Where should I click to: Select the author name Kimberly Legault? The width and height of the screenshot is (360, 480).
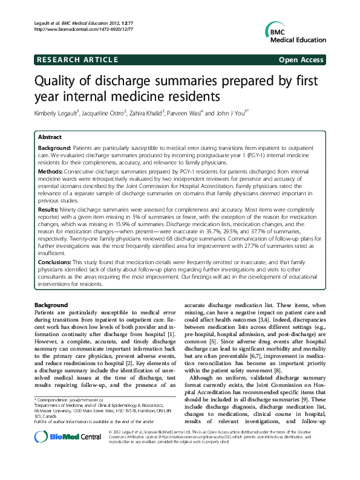(58, 113)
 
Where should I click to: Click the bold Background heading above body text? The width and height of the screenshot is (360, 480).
(51, 305)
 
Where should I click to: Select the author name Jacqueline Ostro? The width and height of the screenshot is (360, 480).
(103, 113)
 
